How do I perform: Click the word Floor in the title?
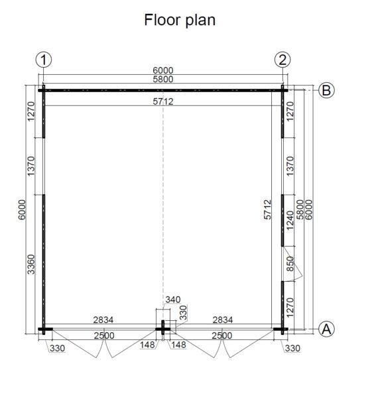pyautogui.click(x=161, y=20)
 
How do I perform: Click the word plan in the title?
pyautogui.click(x=200, y=21)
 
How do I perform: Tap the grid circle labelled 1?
pyautogui.click(x=44, y=60)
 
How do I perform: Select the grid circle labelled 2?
pyautogui.click(x=282, y=60)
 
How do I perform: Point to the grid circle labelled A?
pyautogui.click(x=326, y=329)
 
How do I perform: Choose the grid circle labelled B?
pyautogui.click(x=326, y=90)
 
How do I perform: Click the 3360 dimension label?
pyautogui.click(x=31, y=265)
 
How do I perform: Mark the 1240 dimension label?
pyautogui.click(x=290, y=221)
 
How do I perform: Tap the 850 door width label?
pyautogui.click(x=290, y=264)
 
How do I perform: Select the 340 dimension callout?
pyautogui.click(x=173, y=300)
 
